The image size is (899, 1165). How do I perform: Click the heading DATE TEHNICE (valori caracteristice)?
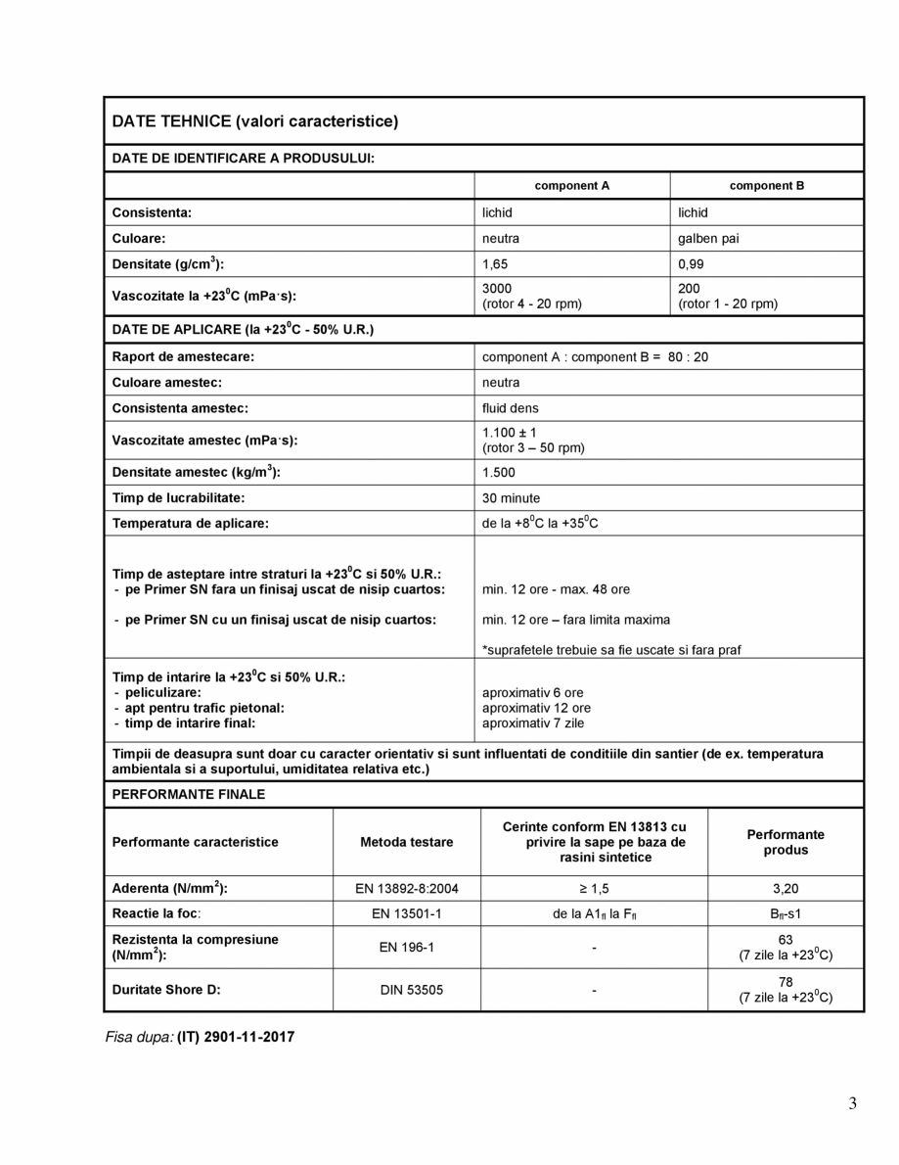pyautogui.click(x=255, y=121)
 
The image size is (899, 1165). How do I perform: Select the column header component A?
pyautogui.click(x=571, y=185)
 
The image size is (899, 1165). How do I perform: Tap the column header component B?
pyautogui.click(x=767, y=185)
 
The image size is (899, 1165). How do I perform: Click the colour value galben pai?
pyautogui.click(x=708, y=238)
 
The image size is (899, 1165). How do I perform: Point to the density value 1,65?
pyautogui.click(x=495, y=263)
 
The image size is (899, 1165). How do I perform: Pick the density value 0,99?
pyautogui.click(x=691, y=263)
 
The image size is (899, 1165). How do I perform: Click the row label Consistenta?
pyautogui.click(x=152, y=212)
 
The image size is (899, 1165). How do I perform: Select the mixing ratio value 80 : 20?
pyautogui.click(x=688, y=356)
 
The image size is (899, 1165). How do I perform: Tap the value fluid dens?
pyautogui.click(x=510, y=408)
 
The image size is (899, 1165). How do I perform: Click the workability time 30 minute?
pyautogui.click(x=511, y=498)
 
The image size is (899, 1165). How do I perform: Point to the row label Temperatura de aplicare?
pyautogui.click(x=190, y=524)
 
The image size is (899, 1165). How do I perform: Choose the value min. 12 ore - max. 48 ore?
pyautogui.click(x=556, y=589)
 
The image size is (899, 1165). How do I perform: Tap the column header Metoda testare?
pyautogui.click(x=406, y=842)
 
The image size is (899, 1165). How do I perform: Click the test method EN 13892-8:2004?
pyautogui.click(x=406, y=889)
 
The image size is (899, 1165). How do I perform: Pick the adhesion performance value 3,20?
pyautogui.click(x=786, y=889)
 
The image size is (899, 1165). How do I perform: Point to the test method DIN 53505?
pyautogui.click(x=406, y=990)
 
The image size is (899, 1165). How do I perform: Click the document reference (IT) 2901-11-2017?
pyautogui.click(x=235, y=1037)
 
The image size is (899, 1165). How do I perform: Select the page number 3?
pyautogui.click(x=852, y=1104)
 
